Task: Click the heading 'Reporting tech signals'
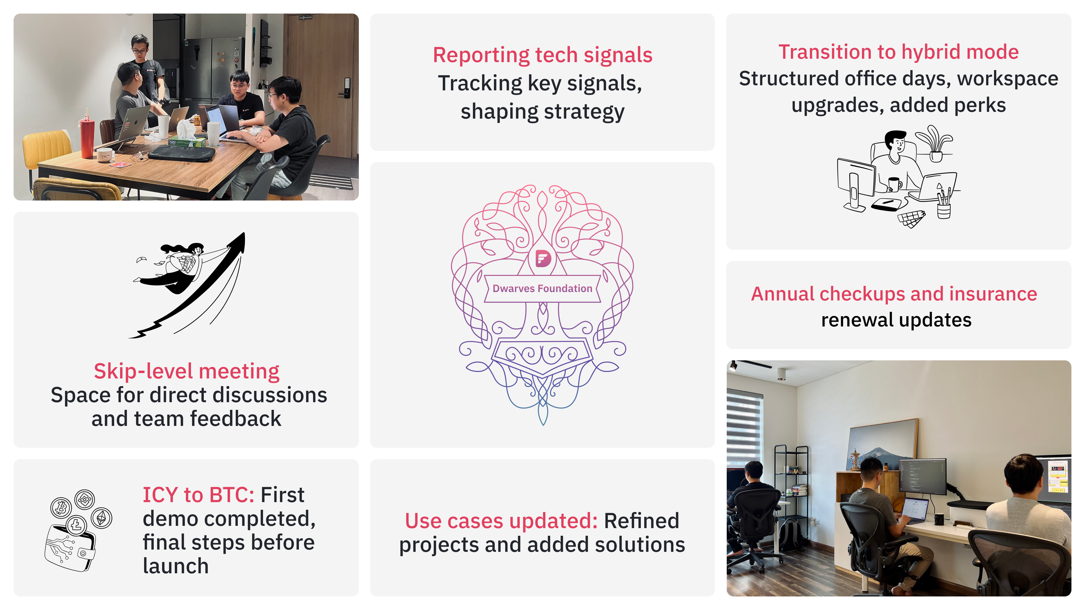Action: (x=542, y=55)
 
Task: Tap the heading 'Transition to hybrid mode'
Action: (x=899, y=52)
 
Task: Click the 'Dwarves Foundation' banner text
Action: (x=542, y=288)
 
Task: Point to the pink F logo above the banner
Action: (x=543, y=258)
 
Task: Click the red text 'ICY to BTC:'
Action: (x=198, y=495)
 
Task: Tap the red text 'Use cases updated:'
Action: (x=501, y=521)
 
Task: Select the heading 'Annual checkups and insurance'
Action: (x=894, y=293)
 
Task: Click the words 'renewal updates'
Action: (x=896, y=320)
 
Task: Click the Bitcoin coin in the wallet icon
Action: (x=61, y=507)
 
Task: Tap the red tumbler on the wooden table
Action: (x=87, y=136)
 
